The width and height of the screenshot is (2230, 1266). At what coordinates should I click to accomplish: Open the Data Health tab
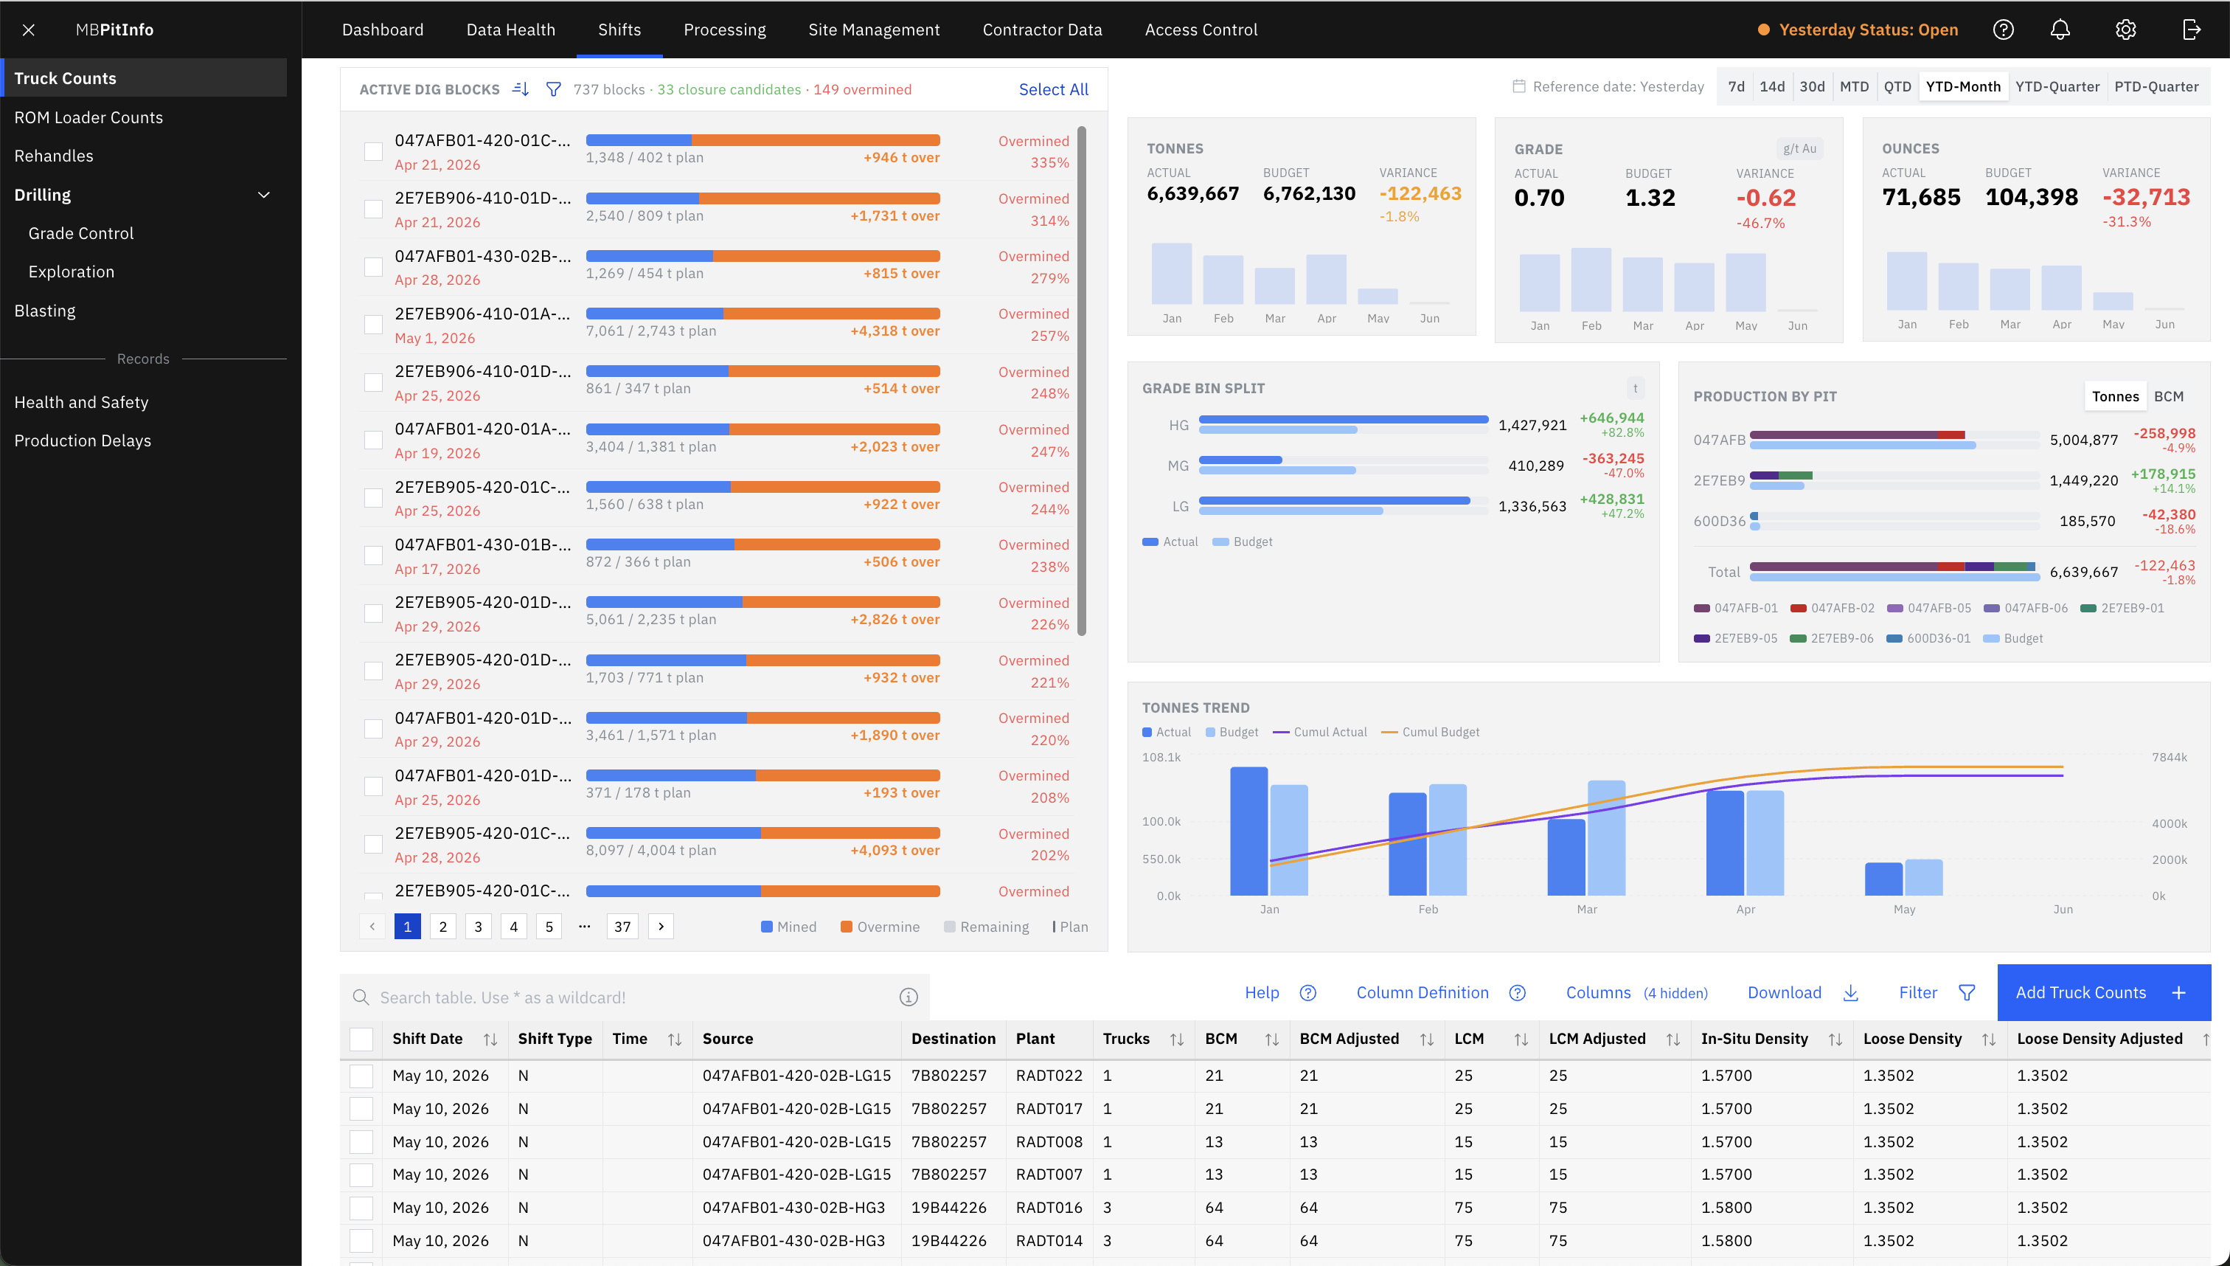[x=510, y=30]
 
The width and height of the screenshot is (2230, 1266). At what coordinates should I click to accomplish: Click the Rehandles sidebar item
[x=54, y=156]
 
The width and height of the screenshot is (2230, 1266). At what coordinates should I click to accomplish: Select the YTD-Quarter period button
[x=2057, y=86]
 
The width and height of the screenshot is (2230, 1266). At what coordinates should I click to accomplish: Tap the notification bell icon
[x=2060, y=30]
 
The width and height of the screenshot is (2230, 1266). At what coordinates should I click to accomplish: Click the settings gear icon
[x=2126, y=30]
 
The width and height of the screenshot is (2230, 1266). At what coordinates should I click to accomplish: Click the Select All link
[x=1053, y=89]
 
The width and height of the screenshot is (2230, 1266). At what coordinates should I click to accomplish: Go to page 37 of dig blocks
[x=622, y=926]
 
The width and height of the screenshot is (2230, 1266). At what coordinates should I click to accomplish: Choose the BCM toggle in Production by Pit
[x=2168, y=396]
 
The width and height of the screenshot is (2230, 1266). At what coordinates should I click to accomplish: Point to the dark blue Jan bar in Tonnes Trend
[x=1248, y=831]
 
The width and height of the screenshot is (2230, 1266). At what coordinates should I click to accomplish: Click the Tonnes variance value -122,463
[x=1420, y=193]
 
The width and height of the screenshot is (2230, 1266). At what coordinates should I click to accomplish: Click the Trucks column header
[x=1125, y=1038]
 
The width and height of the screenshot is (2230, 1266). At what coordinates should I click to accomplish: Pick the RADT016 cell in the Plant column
[x=1049, y=1207]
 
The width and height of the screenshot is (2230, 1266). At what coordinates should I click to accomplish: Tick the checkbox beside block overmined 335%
[x=373, y=151]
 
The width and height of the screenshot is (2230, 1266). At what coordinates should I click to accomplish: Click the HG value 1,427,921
[x=1532, y=425]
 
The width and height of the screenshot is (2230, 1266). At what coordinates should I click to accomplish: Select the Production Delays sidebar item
[x=83, y=441]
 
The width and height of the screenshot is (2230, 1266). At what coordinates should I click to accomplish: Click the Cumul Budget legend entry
[x=1431, y=732]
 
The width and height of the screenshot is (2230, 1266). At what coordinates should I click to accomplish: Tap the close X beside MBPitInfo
[x=29, y=30]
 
